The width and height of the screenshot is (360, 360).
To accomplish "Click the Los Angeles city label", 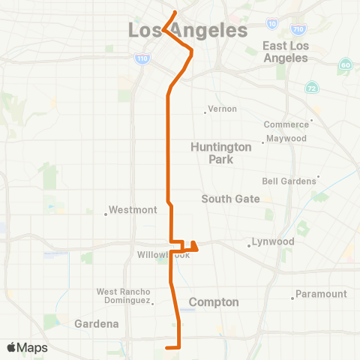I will [187, 31].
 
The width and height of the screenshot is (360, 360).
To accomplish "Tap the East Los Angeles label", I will [285, 52].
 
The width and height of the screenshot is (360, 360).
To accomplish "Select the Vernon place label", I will [222, 109].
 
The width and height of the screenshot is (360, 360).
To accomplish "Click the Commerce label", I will [286, 124].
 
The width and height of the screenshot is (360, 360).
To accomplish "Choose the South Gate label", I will [230, 199].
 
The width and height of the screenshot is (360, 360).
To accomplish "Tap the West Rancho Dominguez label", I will [124, 295].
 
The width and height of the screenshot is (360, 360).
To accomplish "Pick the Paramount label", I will [321, 294].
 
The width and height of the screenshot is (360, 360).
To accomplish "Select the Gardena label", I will [97, 324].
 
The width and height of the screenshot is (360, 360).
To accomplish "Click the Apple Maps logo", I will [27, 347].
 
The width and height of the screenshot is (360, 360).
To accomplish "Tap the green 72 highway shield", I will [310, 88].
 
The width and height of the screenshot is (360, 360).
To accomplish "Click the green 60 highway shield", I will [345, 65].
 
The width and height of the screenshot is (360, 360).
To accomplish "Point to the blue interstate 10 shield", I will [271, 24].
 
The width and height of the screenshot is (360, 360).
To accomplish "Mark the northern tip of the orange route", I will [175, 11].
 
